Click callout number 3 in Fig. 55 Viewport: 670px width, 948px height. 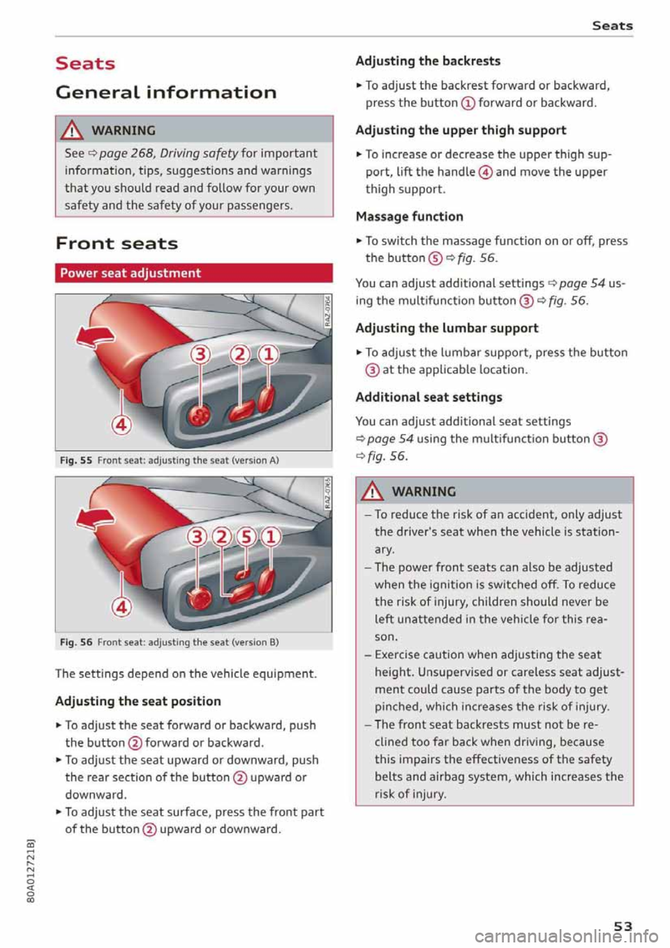200,355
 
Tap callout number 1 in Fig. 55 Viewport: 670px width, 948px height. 268,355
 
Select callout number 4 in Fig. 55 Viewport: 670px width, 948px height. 121,424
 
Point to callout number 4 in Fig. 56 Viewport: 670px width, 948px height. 121,606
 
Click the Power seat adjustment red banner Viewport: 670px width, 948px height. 193,273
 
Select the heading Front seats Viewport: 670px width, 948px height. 117,244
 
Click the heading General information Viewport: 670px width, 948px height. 165,92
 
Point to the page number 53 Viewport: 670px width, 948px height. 623,926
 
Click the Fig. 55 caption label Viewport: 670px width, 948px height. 75,461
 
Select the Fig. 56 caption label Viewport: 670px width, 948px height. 75,642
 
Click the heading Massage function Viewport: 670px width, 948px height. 409,216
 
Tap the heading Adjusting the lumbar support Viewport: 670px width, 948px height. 447,328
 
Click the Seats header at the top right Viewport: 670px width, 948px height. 612,26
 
